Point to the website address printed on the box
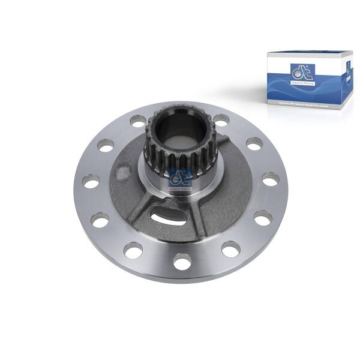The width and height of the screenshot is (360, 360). pyautogui.click(x=304, y=104)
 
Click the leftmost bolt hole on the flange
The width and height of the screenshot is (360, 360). pyautogui.click(x=92, y=182)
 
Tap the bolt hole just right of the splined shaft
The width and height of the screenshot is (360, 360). pyautogui.click(x=221, y=119)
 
